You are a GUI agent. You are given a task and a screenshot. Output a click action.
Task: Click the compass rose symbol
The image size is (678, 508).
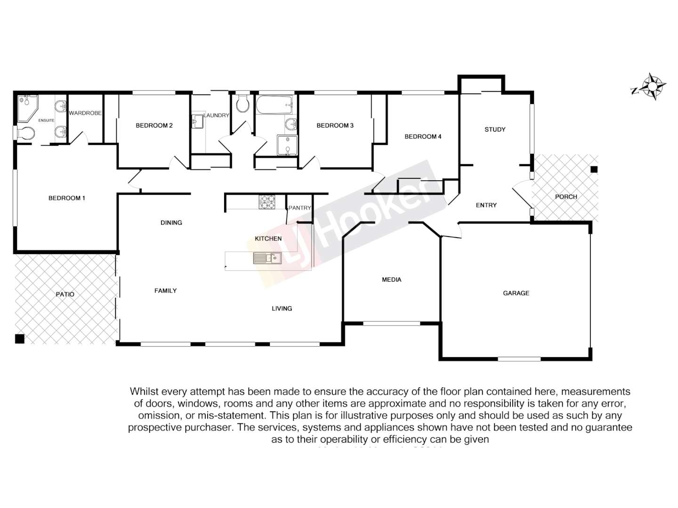pyautogui.click(x=652, y=87)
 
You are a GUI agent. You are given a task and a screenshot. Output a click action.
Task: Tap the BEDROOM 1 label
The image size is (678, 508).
pyautogui.click(x=67, y=198)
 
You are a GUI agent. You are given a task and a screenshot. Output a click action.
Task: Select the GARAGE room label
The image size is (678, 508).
pyautogui.click(x=516, y=293)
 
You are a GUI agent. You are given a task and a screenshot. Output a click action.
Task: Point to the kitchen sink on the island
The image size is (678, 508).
pyautogui.click(x=267, y=258)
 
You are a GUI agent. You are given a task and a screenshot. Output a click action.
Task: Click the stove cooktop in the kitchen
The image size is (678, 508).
pyautogui.click(x=267, y=202)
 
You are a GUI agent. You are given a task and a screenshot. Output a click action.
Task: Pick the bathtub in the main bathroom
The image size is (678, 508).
pyautogui.click(x=274, y=105)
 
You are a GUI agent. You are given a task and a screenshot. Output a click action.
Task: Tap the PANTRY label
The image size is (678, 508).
pyautogui.click(x=300, y=208)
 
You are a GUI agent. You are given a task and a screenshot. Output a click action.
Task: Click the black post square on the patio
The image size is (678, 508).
pyautogui.click(x=19, y=339)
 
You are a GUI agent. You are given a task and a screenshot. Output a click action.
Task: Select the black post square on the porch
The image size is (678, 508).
pyautogui.click(x=594, y=169)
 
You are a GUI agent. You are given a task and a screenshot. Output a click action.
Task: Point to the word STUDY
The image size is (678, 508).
pyautogui.click(x=495, y=129)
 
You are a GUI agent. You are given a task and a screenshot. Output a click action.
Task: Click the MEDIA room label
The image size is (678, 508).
pyautogui.click(x=392, y=280)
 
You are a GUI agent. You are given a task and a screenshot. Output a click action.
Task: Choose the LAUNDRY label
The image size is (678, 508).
pyautogui.click(x=216, y=115)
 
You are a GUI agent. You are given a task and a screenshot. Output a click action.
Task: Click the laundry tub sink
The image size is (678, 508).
pyautogui.click(x=197, y=121)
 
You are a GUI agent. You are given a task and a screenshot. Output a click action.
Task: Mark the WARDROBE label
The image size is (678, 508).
pyautogui.click(x=85, y=113)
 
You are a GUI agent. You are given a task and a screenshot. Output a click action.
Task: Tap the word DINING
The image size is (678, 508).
pyautogui.click(x=171, y=222)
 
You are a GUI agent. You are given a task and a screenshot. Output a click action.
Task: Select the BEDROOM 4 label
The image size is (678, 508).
pyautogui.click(x=423, y=137)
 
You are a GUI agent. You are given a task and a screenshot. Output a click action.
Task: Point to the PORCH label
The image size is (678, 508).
pyautogui.click(x=566, y=197)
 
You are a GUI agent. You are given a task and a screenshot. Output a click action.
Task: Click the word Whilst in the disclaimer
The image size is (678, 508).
pyautogui.click(x=144, y=391)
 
